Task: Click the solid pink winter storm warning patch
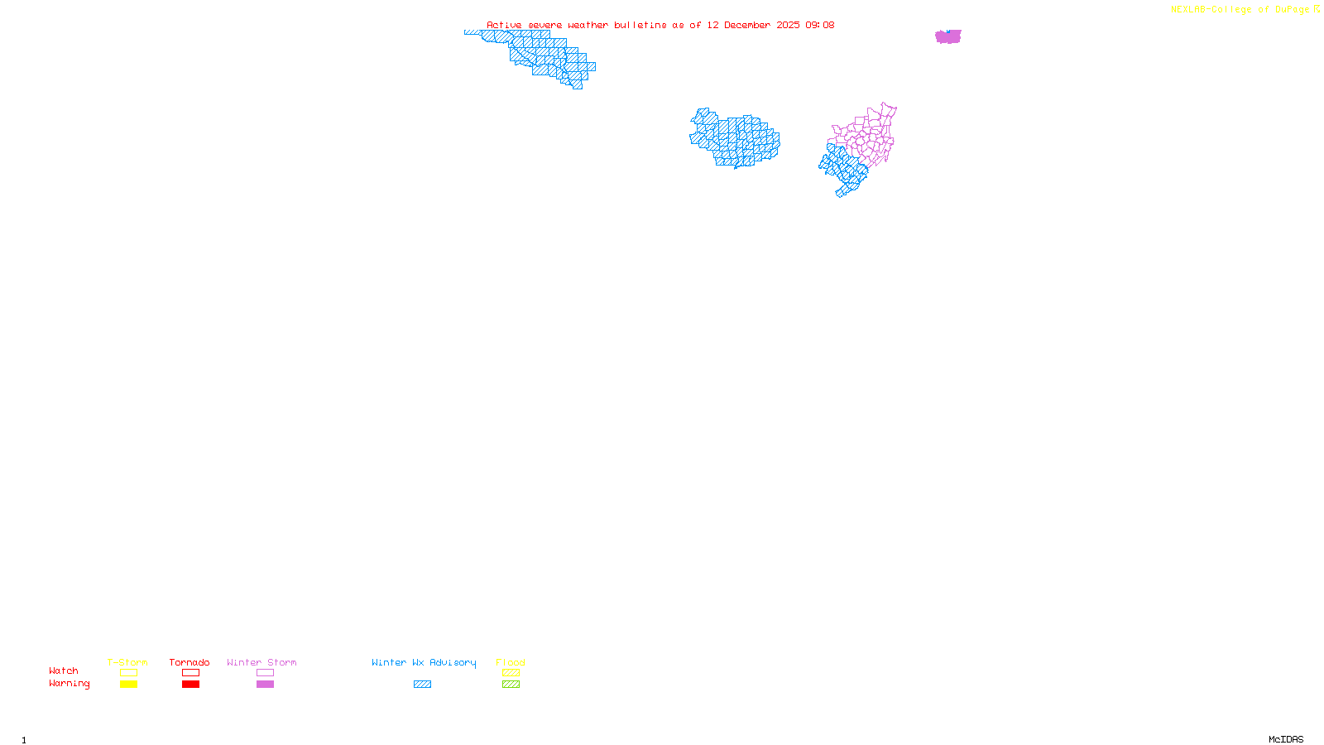pyautogui.click(x=948, y=36)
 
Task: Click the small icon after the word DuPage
pyautogui.click(x=1317, y=9)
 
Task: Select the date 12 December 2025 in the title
pyautogui.click(x=753, y=25)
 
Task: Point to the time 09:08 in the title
pyautogui.click(x=820, y=25)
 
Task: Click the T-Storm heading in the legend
pyautogui.click(x=127, y=662)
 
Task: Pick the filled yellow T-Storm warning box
pyautogui.click(x=128, y=685)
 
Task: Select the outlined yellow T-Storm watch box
pyautogui.click(x=128, y=673)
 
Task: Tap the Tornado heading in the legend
pyautogui.click(x=189, y=662)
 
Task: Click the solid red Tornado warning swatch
pyautogui.click(x=191, y=685)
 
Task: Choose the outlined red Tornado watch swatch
pyautogui.click(x=191, y=673)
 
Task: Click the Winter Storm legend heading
pyautogui.click(x=261, y=662)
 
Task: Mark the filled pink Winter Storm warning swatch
pyautogui.click(x=265, y=685)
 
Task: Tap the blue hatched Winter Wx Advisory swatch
pyautogui.click(x=422, y=685)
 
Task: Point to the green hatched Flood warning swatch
pyautogui.click(x=511, y=685)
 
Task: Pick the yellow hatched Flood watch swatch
pyautogui.click(x=511, y=673)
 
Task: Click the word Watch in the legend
pyautogui.click(x=64, y=671)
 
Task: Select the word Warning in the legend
pyautogui.click(x=70, y=684)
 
